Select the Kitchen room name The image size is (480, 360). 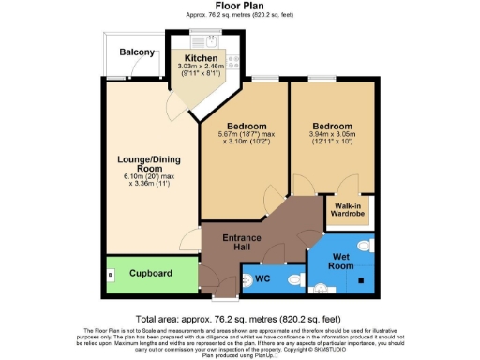pos(202,57)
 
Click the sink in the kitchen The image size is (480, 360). pos(211,40)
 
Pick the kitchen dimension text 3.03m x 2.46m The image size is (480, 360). pos(202,67)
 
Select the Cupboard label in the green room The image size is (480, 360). pos(151,274)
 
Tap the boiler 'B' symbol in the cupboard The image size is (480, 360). pos(111,276)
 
